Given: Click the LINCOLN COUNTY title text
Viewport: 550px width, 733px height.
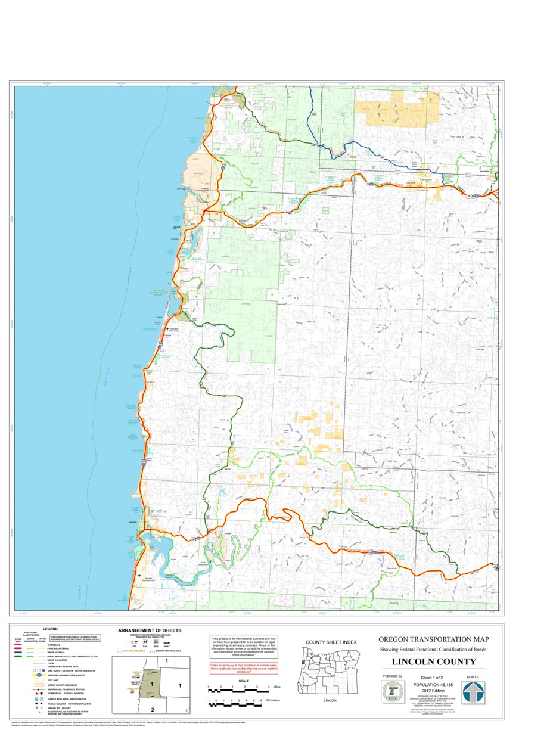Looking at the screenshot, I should point(433,661).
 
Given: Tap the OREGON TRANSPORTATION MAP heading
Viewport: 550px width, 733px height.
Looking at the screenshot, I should point(433,639).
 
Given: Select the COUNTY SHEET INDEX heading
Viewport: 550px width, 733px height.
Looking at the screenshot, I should point(331,642).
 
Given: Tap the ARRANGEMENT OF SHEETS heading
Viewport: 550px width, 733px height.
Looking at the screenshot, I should point(150,630).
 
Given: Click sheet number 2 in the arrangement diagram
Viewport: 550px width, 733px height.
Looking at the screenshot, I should point(152,709).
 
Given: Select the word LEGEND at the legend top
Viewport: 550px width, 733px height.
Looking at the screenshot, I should point(50,629).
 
